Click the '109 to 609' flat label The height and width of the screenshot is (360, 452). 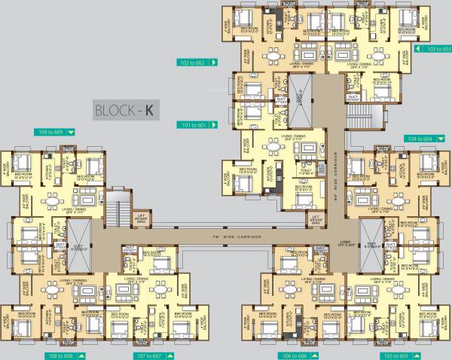50,132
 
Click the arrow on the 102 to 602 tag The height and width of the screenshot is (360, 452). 215,63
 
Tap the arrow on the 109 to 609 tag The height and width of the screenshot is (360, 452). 72,132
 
